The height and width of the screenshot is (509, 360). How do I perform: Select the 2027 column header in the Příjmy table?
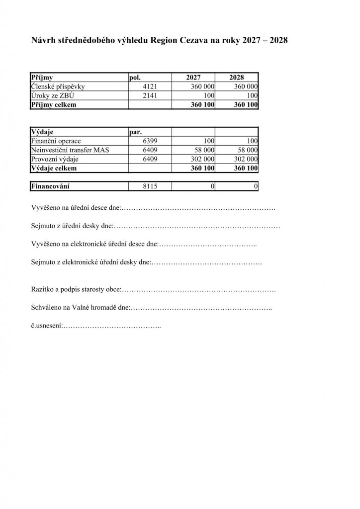tap(193, 78)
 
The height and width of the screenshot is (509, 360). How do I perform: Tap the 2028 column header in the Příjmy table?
tap(236, 78)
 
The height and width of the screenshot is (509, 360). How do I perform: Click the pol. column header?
tap(135, 78)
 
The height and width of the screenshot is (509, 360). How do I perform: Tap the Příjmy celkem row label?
tap(54, 105)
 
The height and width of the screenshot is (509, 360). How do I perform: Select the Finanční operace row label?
tap(55, 141)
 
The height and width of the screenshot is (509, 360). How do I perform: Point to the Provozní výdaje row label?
tap(55, 159)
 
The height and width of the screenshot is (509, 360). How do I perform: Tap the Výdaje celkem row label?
tap(54, 169)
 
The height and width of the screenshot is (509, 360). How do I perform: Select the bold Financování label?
tap(50, 186)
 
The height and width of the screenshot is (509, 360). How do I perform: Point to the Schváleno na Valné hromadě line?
tap(80, 308)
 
